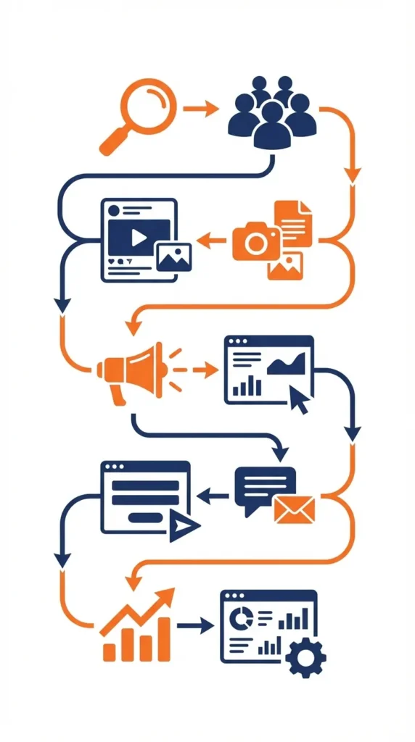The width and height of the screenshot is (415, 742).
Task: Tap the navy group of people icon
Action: coord(272,112)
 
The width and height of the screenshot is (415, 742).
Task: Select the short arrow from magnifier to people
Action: coord(201,109)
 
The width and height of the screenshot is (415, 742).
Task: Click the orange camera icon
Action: coord(255,241)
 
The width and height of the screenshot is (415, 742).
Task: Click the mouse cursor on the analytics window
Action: coord(298,399)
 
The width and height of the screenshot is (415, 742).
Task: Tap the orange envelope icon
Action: coord(295,509)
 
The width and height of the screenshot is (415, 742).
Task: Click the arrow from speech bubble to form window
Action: coord(213,496)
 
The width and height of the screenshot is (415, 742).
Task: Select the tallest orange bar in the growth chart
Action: coord(163,638)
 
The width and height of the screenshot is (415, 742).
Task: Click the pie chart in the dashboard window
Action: coord(240,618)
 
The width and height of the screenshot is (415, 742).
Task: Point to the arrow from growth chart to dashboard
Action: coord(196,625)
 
